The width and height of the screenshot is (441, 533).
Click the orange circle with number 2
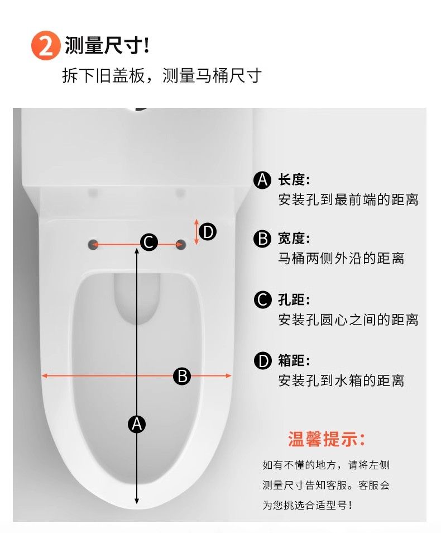coord(46,46)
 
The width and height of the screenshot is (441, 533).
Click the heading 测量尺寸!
coord(107,45)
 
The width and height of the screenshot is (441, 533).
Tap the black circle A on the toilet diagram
coord(137,424)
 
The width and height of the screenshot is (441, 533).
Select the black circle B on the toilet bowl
coord(182,377)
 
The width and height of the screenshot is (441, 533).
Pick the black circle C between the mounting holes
coord(149,242)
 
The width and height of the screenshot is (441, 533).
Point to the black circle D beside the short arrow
coord(208,232)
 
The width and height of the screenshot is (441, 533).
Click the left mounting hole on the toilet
coord(93,244)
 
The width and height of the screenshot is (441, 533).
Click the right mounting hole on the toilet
coord(180,244)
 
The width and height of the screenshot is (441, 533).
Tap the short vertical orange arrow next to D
coord(196,232)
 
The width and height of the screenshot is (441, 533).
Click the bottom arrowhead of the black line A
coord(137,501)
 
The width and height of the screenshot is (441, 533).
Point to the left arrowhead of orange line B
coord(44,375)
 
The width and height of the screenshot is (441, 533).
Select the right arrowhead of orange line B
coord(229,375)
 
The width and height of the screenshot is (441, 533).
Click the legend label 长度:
coord(294,180)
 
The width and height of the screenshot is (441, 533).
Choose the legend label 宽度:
coord(294,239)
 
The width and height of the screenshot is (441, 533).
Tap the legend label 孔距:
coord(294,300)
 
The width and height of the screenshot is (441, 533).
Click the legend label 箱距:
coord(294,360)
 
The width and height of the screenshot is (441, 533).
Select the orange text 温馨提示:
coord(327,439)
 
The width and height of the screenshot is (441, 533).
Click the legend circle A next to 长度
coord(262,180)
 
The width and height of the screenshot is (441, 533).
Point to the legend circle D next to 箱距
coord(262,361)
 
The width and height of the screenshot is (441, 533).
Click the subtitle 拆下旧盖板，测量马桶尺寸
coord(162,75)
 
